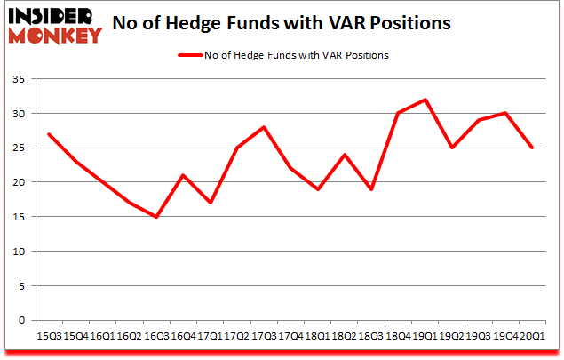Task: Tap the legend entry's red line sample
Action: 192,55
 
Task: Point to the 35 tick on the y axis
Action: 18,80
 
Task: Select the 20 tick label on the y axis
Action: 18,182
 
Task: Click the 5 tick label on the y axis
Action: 20,286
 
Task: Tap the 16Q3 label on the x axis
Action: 155,336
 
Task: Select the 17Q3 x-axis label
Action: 265,336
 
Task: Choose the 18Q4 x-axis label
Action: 397,336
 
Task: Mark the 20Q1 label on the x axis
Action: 533,336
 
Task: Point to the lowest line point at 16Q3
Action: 155,217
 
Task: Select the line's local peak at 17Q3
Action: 265,127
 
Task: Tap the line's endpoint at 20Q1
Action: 533,148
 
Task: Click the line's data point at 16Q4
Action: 182,175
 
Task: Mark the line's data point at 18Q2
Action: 346,155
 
